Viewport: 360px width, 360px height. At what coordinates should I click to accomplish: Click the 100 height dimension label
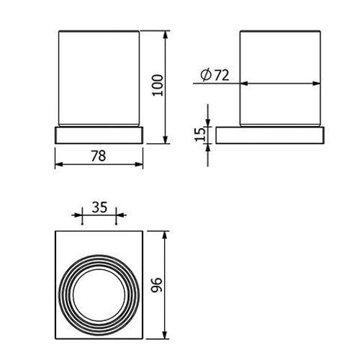pyautogui.click(x=158, y=85)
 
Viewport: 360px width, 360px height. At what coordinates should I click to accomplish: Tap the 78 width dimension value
pyautogui.click(x=99, y=156)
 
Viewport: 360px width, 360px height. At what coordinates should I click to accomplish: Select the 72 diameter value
pyautogui.click(x=222, y=76)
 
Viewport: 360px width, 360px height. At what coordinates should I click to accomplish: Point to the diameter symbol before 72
pyautogui.click(x=206, y=76)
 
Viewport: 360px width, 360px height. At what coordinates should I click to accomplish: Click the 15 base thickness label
pyautogui.click(x=200, y=135)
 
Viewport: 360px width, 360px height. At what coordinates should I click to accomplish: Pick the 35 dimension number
pyautogui.click(x=99, y=207)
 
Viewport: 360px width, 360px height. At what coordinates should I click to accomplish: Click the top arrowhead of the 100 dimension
pyautogui.click(x=165, y=35)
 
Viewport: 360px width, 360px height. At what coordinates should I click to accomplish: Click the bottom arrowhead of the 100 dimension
pyautogui.click(x=165, y=140)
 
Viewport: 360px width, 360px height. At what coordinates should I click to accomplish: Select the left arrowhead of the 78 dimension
pyautogui.click(x=59, y=164)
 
